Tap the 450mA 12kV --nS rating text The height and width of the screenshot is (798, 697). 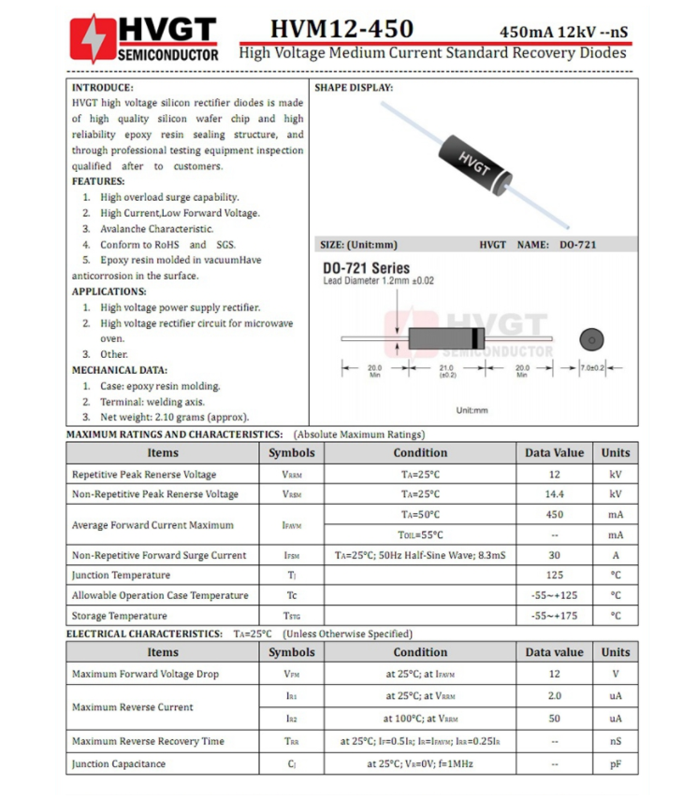click(x=563, y=31)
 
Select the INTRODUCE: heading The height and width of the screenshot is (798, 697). click(x=103, y=87)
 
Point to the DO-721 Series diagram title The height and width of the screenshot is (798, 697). click(x=366, y=268)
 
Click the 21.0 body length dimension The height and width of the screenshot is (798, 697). click(x=446, y=369)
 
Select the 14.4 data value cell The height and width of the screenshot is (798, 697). click(x=554, y=494)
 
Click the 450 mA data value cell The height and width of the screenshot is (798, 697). click(x=554, y=515)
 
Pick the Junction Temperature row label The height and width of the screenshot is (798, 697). click(x=121, y=576)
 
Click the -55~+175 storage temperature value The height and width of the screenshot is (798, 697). click(x=554, y=617)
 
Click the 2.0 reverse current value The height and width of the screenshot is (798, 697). click(x=554, y=696)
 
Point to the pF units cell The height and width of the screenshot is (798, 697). click(x=615, y=764)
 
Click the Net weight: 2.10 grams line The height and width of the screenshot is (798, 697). click(x=174, y=418)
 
